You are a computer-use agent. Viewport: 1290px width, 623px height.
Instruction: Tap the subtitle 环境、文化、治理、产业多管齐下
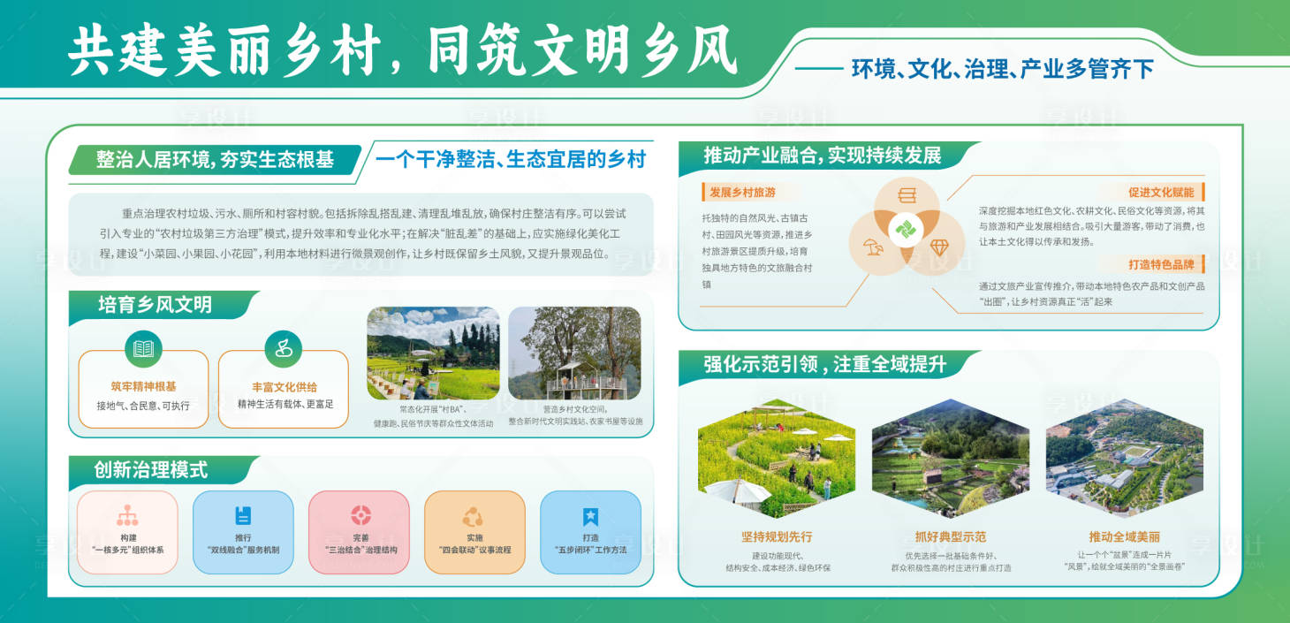[1003, 69]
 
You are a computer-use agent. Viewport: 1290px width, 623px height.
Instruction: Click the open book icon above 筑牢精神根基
[143, 348]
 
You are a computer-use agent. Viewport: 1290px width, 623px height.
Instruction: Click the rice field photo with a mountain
[433, 353]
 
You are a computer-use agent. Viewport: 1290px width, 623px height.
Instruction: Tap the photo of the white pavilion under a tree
[574, 353]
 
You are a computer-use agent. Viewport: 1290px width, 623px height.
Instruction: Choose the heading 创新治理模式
[151, 469]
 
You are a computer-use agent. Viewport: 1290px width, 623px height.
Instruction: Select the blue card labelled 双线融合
[243, 532]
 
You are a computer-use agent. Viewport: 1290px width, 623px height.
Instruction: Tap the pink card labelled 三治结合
[359, 532]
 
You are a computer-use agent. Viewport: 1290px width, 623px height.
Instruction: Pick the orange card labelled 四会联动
[474, 532]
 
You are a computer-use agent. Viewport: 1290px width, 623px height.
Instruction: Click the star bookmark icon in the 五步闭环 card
[590, 517]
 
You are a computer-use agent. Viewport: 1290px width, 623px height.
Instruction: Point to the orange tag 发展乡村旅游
[742, 192]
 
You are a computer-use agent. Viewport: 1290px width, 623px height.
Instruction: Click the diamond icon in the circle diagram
[937, 247]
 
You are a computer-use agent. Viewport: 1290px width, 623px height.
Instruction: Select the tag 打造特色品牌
[1160, 264]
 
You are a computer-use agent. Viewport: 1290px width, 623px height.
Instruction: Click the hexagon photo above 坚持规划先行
[777, 459]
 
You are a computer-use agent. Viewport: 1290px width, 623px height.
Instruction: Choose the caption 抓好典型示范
[951, 536]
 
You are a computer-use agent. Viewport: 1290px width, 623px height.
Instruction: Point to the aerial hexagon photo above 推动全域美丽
[1124, 459]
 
